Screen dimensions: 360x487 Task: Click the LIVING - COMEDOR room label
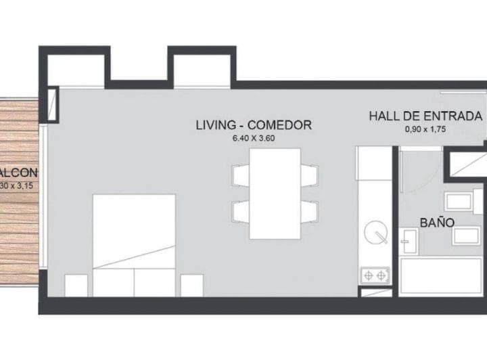pos(254,125)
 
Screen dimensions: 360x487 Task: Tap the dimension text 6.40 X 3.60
pos(254,138)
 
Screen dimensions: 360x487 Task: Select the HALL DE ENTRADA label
pos(425,116)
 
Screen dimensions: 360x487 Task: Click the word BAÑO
pos(436,222)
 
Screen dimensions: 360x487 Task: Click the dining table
pos(275,194)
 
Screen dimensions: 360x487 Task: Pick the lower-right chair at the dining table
pos(309,212)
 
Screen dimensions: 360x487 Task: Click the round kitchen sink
pos(373,234)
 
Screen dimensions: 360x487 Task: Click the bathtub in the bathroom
pos(440,276)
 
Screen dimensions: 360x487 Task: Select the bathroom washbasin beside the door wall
pos(409,240)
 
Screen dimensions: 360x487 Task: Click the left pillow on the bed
pos(113,282)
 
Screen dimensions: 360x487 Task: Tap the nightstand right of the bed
pos(192,285)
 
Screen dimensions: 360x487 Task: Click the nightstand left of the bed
pos(76,285)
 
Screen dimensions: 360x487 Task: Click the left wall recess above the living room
pos(76,70)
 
